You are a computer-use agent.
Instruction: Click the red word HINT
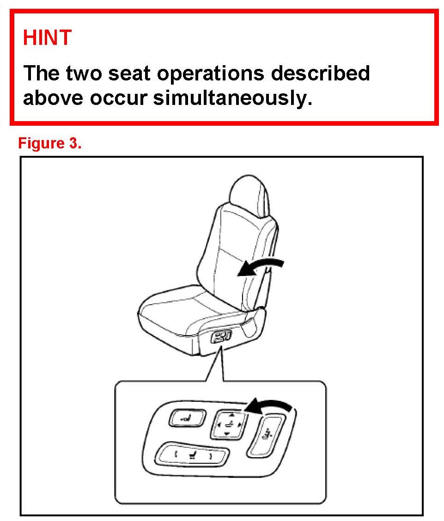47,37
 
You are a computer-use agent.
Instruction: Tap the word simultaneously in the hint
233,98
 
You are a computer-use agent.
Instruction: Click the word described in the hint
320,73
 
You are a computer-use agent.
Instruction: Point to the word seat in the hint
129,74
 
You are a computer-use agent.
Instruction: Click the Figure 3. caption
50,143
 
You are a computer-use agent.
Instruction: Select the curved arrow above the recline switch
268,406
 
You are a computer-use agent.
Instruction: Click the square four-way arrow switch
229,424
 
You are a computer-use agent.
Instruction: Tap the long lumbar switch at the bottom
192,454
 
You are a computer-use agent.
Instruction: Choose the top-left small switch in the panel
187,417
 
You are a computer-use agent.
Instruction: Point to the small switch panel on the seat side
221,337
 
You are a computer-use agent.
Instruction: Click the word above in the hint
53,98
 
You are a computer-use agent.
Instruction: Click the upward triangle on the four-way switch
232,415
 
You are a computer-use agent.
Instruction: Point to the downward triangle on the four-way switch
227,434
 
